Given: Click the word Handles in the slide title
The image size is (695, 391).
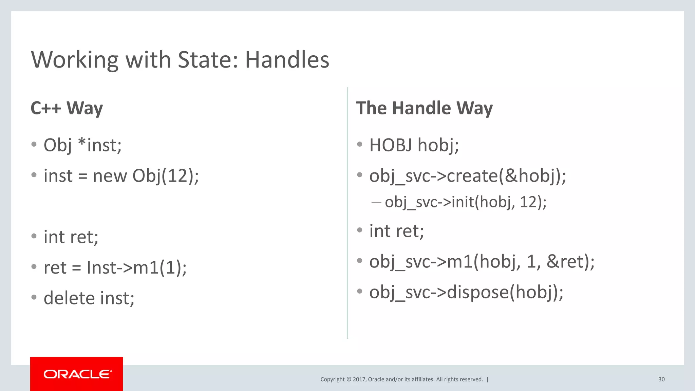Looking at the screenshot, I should [x=287, y=60].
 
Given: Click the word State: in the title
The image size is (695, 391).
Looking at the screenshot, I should [x=208, y=60].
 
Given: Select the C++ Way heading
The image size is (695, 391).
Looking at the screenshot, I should [x=67, y=108].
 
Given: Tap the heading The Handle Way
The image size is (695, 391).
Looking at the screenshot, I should [x=424, y=108].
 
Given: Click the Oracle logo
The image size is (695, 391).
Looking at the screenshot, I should [x=77, y=374].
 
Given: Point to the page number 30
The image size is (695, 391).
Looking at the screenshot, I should [x=661, y=379].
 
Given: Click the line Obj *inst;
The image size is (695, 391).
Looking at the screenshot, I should [x=82, y=145].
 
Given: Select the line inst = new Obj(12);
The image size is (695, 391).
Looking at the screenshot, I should [x=121, y=176].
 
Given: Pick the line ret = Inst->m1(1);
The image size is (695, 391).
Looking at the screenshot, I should [x=115, y=267].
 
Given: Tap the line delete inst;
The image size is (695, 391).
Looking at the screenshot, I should [x=89, y=298].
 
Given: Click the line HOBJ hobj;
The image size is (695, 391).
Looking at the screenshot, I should [x=414, y=145].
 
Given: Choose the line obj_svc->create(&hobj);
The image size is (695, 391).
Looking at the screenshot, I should [x=468, y=176].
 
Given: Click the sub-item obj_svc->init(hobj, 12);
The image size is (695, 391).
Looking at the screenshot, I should [x=466, y=202].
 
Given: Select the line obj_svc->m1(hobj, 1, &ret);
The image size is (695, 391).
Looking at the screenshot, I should [x=482, y=261].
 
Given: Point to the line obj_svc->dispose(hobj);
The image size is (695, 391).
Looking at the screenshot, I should [x=466, y=292].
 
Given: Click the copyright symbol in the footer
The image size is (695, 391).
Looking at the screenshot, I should [x=349, y=379].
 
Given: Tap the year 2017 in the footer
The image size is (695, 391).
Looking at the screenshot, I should [x=359, y=379].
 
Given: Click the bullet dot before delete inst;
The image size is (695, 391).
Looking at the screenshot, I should [x=34, y=297].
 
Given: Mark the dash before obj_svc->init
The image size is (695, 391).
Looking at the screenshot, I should [x=376, y=203].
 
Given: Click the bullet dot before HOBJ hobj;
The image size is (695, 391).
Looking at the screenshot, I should [x=360, y=145].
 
